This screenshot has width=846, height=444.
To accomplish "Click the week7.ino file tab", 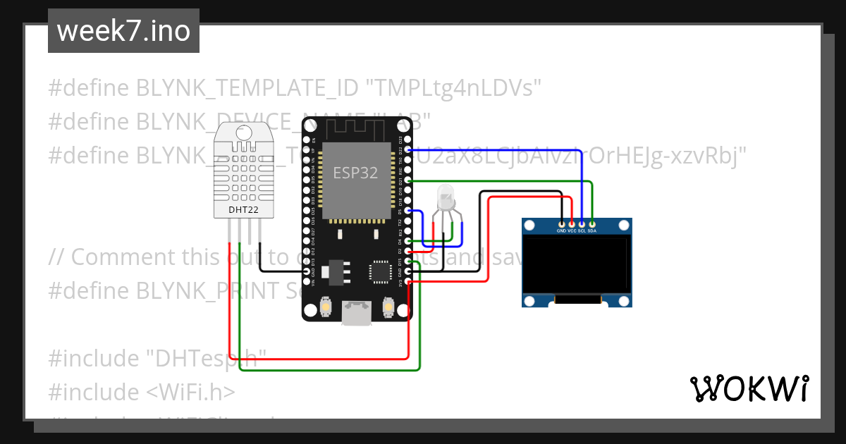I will (123, 31).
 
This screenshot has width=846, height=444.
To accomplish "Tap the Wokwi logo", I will (748, 388).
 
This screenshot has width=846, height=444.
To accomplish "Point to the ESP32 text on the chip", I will (355, 173).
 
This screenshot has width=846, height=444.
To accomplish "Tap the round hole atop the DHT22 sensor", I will (244, 131).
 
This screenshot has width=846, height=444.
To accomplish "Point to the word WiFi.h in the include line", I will (197, 391).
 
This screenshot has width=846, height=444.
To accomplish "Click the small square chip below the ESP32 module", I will (380, 271).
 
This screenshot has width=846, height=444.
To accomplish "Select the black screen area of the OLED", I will (576, 265).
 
